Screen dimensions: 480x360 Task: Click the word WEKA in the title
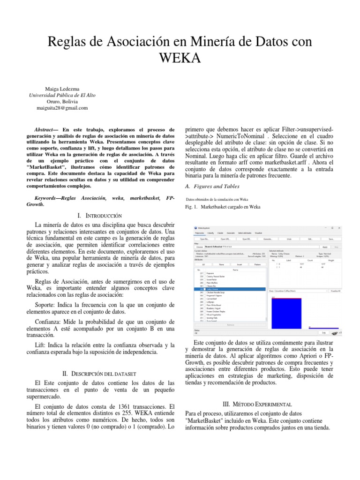click(x=180, y=58)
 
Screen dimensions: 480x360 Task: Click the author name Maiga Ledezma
click(x=62, y=88)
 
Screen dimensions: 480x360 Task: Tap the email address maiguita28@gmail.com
click(x=62, y=108)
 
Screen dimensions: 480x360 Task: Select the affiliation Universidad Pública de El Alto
click(x=62, y=95)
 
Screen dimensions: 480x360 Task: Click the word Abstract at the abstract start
click(x=46, y=129)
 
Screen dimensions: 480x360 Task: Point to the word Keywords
click(x=48, y=198)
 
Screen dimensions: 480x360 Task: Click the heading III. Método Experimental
click(x=260, y=404)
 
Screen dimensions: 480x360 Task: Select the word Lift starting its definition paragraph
click(x=34, y=345)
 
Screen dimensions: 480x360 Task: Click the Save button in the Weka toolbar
click(x=331, y=239)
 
